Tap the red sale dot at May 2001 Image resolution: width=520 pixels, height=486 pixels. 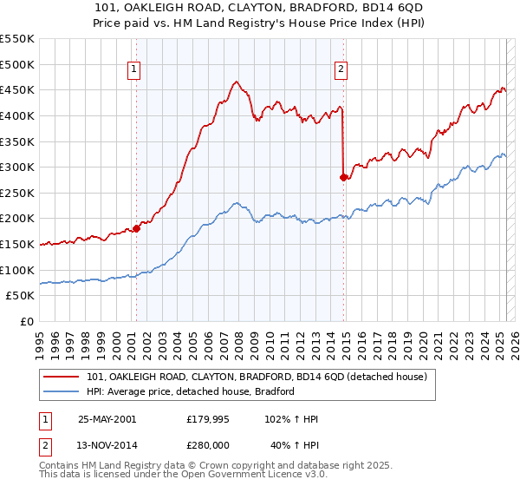(x=136, y=229)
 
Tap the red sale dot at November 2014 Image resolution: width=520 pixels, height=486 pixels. (x=343, y=177)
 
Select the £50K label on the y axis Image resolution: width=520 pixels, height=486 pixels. (x=21, y=296)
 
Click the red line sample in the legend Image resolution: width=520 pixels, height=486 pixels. (x=62, y=378)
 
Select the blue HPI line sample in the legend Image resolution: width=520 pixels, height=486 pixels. (x=62, y=392)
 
